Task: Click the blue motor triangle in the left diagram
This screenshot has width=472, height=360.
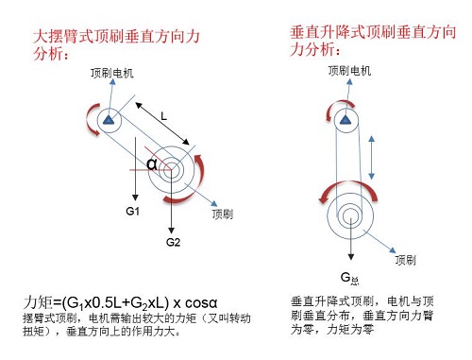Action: (110, 120)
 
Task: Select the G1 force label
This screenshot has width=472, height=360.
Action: (133, 211)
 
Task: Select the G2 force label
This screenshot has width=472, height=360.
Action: (173, 243)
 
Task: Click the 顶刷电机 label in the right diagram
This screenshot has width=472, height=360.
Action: (349, 71)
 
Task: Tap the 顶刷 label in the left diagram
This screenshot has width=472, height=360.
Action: (223, 215)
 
